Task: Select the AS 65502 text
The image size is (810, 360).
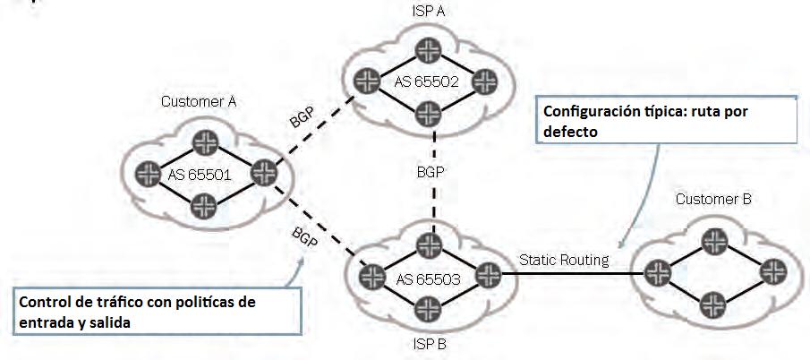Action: [425, 81]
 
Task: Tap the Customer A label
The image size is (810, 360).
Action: [199, 101]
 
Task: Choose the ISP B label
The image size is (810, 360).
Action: [424, 344]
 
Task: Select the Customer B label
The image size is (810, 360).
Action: [712, 199]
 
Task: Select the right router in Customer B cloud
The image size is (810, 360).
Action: [772, 271]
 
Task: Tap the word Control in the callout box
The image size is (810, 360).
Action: [43, 302]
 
